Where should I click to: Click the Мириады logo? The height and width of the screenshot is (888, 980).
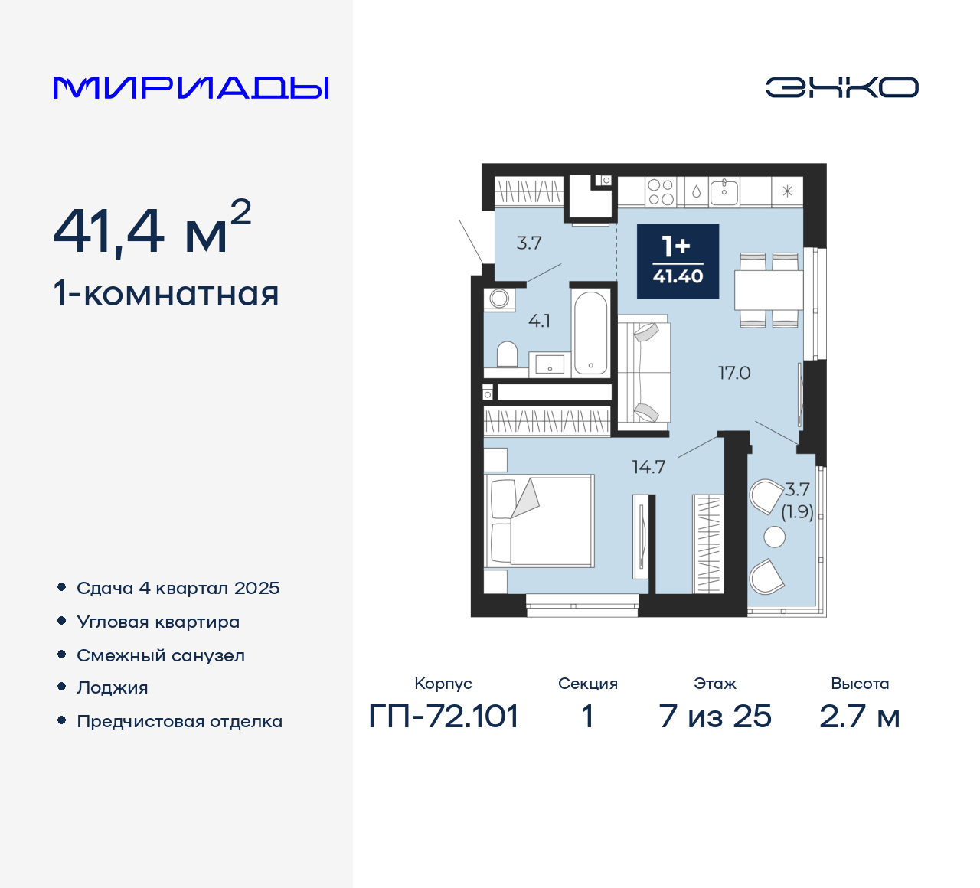[x=191, y=87]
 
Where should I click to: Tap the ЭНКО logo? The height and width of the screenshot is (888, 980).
[x=841, y=87]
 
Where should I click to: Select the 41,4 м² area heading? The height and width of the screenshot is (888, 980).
[x=152, y=229]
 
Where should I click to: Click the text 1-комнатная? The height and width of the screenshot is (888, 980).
[x=166, y=294]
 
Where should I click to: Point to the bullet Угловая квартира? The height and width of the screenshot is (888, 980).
[x=158, y=622]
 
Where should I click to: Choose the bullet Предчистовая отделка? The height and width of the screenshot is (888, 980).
[x=179, y=721]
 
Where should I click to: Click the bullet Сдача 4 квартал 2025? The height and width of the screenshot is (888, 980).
[x=178, y=588]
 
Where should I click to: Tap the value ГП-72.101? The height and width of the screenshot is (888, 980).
[x=443, y=717]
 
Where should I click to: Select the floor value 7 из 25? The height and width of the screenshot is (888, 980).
[x=715, y=717]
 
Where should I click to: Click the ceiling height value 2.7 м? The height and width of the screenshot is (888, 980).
[x=859, y=717]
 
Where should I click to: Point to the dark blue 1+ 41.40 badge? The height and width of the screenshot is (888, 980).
[x=678, y=261]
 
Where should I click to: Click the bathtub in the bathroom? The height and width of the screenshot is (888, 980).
[x=590, y=331]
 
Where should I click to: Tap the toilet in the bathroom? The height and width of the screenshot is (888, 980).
[x=507, y=354]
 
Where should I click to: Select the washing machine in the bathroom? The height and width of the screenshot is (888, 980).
[x=499, y=299]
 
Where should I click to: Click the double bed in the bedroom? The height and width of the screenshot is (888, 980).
[x=540, y=521]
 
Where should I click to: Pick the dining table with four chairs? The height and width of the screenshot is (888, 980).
[x=769, y=290]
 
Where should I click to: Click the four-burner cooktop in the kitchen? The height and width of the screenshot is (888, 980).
[x=660, y=191]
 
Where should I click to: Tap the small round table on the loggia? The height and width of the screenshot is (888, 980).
[x=775, y=537]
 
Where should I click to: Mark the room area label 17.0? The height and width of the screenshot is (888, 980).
[x=733, y=373]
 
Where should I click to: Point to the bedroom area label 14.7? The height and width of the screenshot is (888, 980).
[x=648, y=467]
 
